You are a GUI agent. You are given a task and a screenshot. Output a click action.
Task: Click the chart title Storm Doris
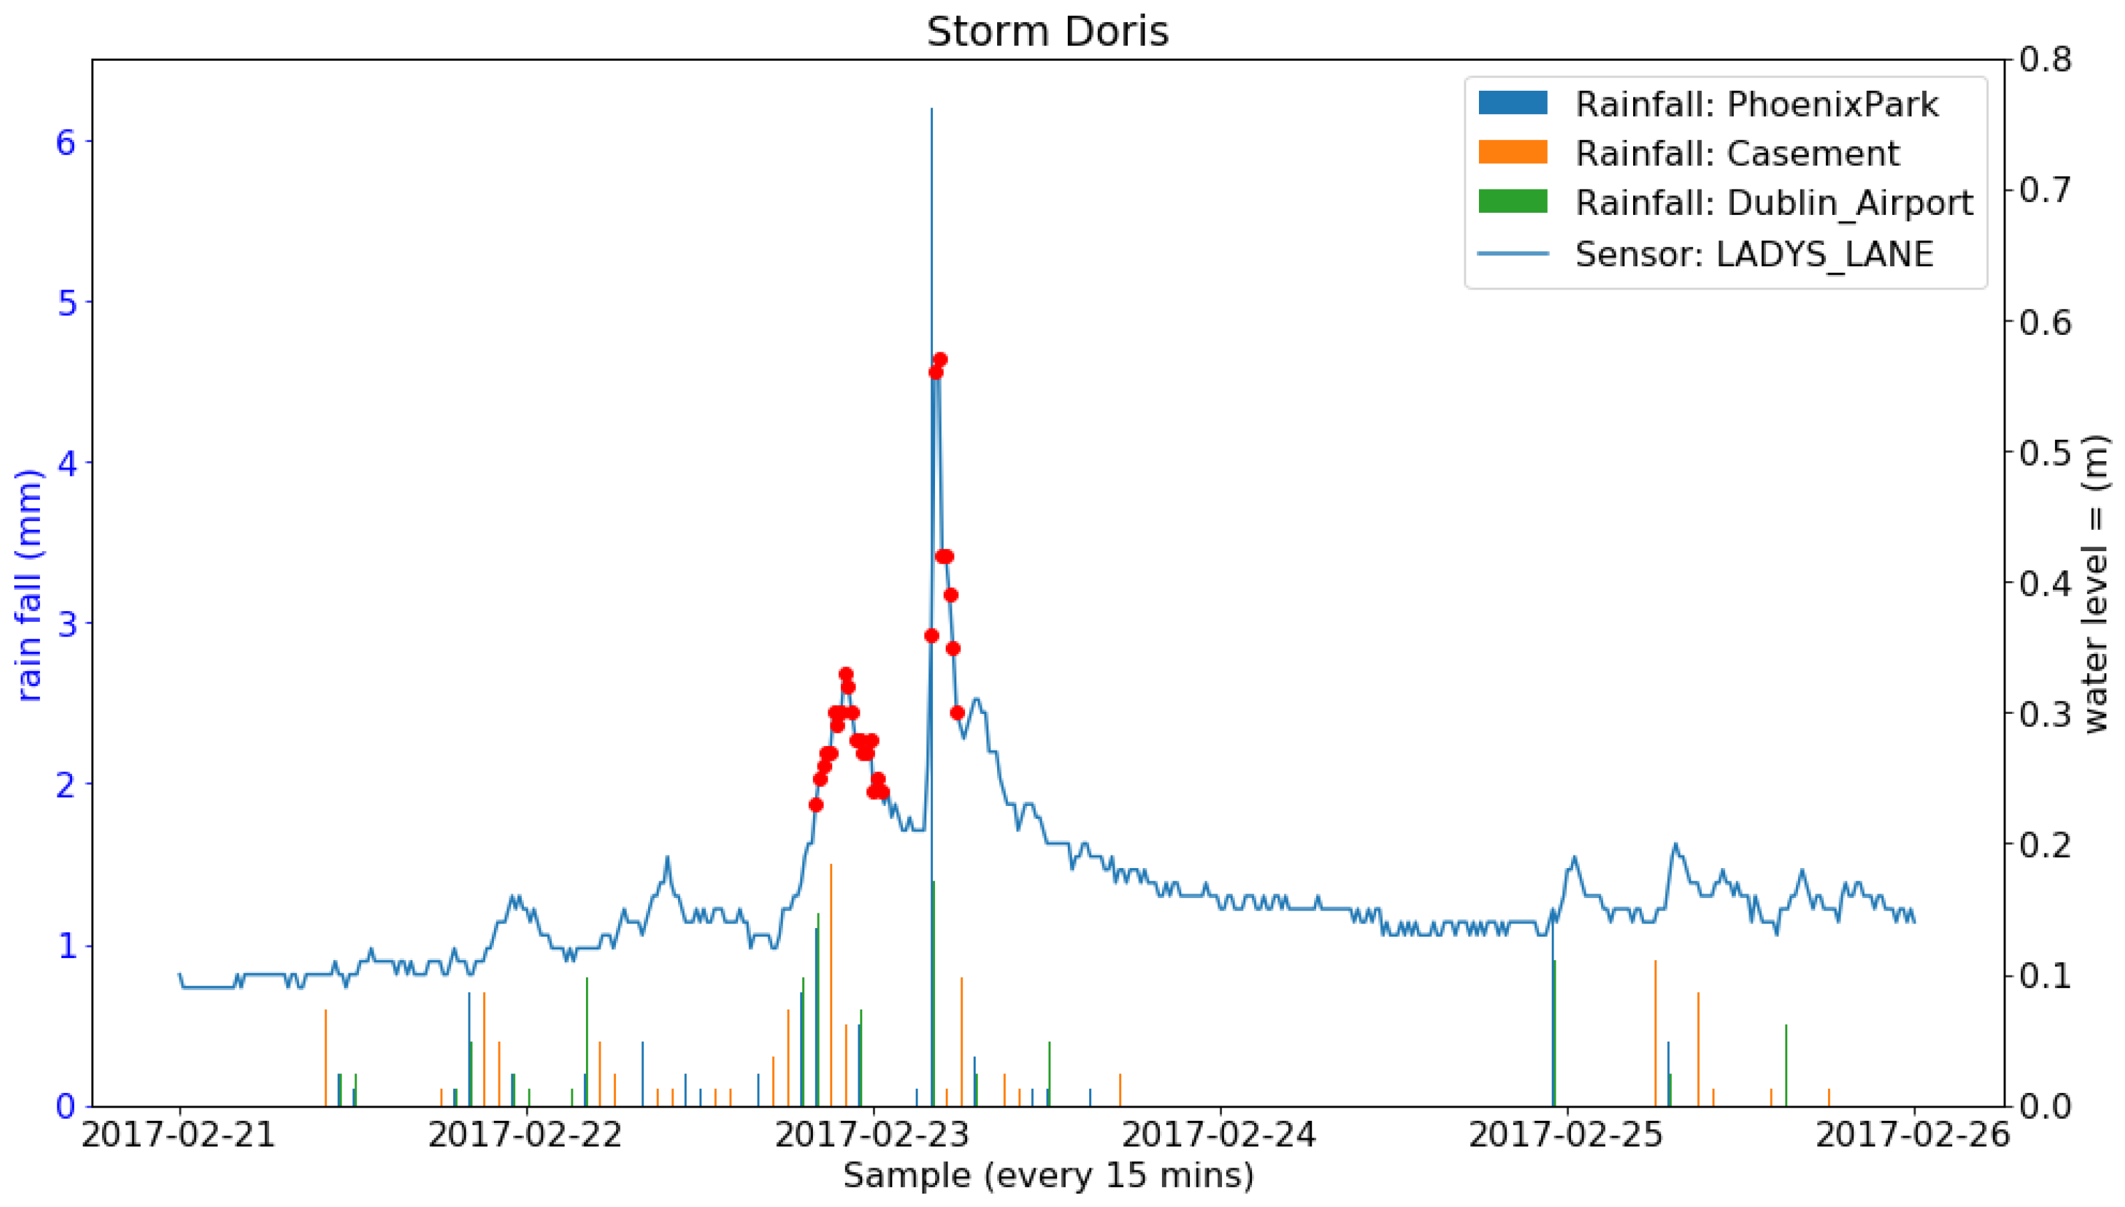1047,32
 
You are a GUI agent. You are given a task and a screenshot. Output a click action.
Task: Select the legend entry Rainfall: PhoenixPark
1756,105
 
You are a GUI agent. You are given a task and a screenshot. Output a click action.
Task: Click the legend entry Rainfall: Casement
1736,153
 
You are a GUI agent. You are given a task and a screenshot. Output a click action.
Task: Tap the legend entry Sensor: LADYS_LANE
1753,254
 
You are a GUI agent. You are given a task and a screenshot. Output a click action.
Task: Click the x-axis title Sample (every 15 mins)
1047,1176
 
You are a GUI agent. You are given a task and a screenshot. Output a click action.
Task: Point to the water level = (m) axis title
2094,584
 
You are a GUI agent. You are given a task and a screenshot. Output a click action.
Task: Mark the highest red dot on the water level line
940,360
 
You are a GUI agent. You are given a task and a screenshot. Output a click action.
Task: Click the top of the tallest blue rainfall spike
931,110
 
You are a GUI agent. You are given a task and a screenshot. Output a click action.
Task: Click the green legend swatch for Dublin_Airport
1512,202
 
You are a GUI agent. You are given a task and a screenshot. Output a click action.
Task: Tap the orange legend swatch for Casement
1512,153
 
